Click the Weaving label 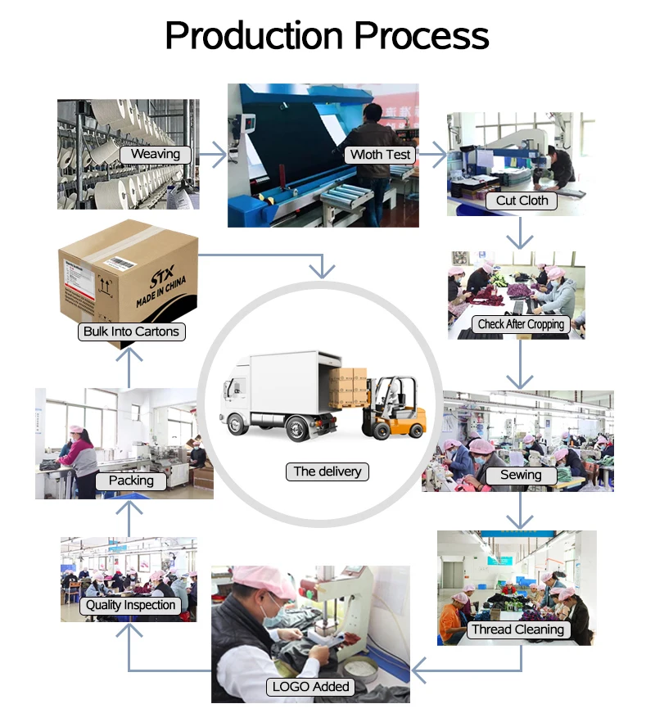click(156, 154)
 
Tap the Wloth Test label click(380, 154)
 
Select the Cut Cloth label click(522, 201)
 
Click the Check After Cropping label click(521, 324)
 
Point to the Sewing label click(521, 475)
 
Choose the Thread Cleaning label click(517, 630)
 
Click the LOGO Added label click(310, 687)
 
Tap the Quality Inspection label click(129, 605)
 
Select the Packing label click(131, 481)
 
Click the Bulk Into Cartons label click(131, 332)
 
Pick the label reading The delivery click(327, 472)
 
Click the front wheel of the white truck click(238, 424)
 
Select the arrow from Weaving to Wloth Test click(213, 153)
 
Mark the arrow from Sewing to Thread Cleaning click(520, 510)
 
